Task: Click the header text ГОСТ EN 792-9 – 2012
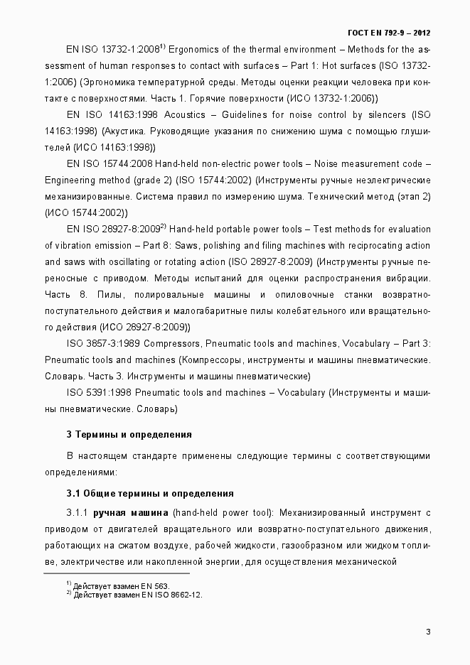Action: [x=389, y=33]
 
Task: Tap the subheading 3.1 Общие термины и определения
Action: [x=150, y=493]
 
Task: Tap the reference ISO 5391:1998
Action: [x=99, y=392]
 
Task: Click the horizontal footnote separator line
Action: [x=117, y=573]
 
